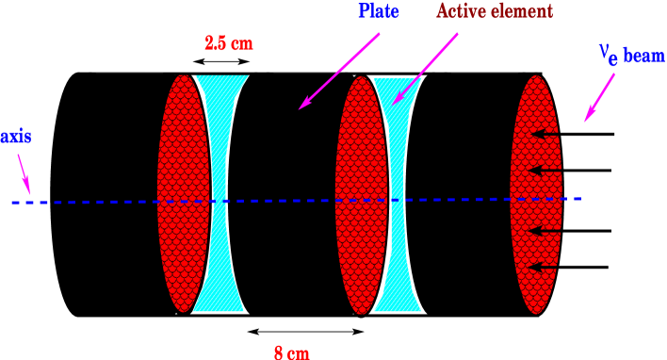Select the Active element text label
click(494, 11)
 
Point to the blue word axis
click(16, 135)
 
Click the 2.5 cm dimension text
click(229, 43)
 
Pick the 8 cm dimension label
click(291, 352)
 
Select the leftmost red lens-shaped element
click(183, 193)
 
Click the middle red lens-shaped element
click(361, 195)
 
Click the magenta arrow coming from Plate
click(339, 72)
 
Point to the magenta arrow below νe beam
click(599, 97)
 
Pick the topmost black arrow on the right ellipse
click(546, 135)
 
